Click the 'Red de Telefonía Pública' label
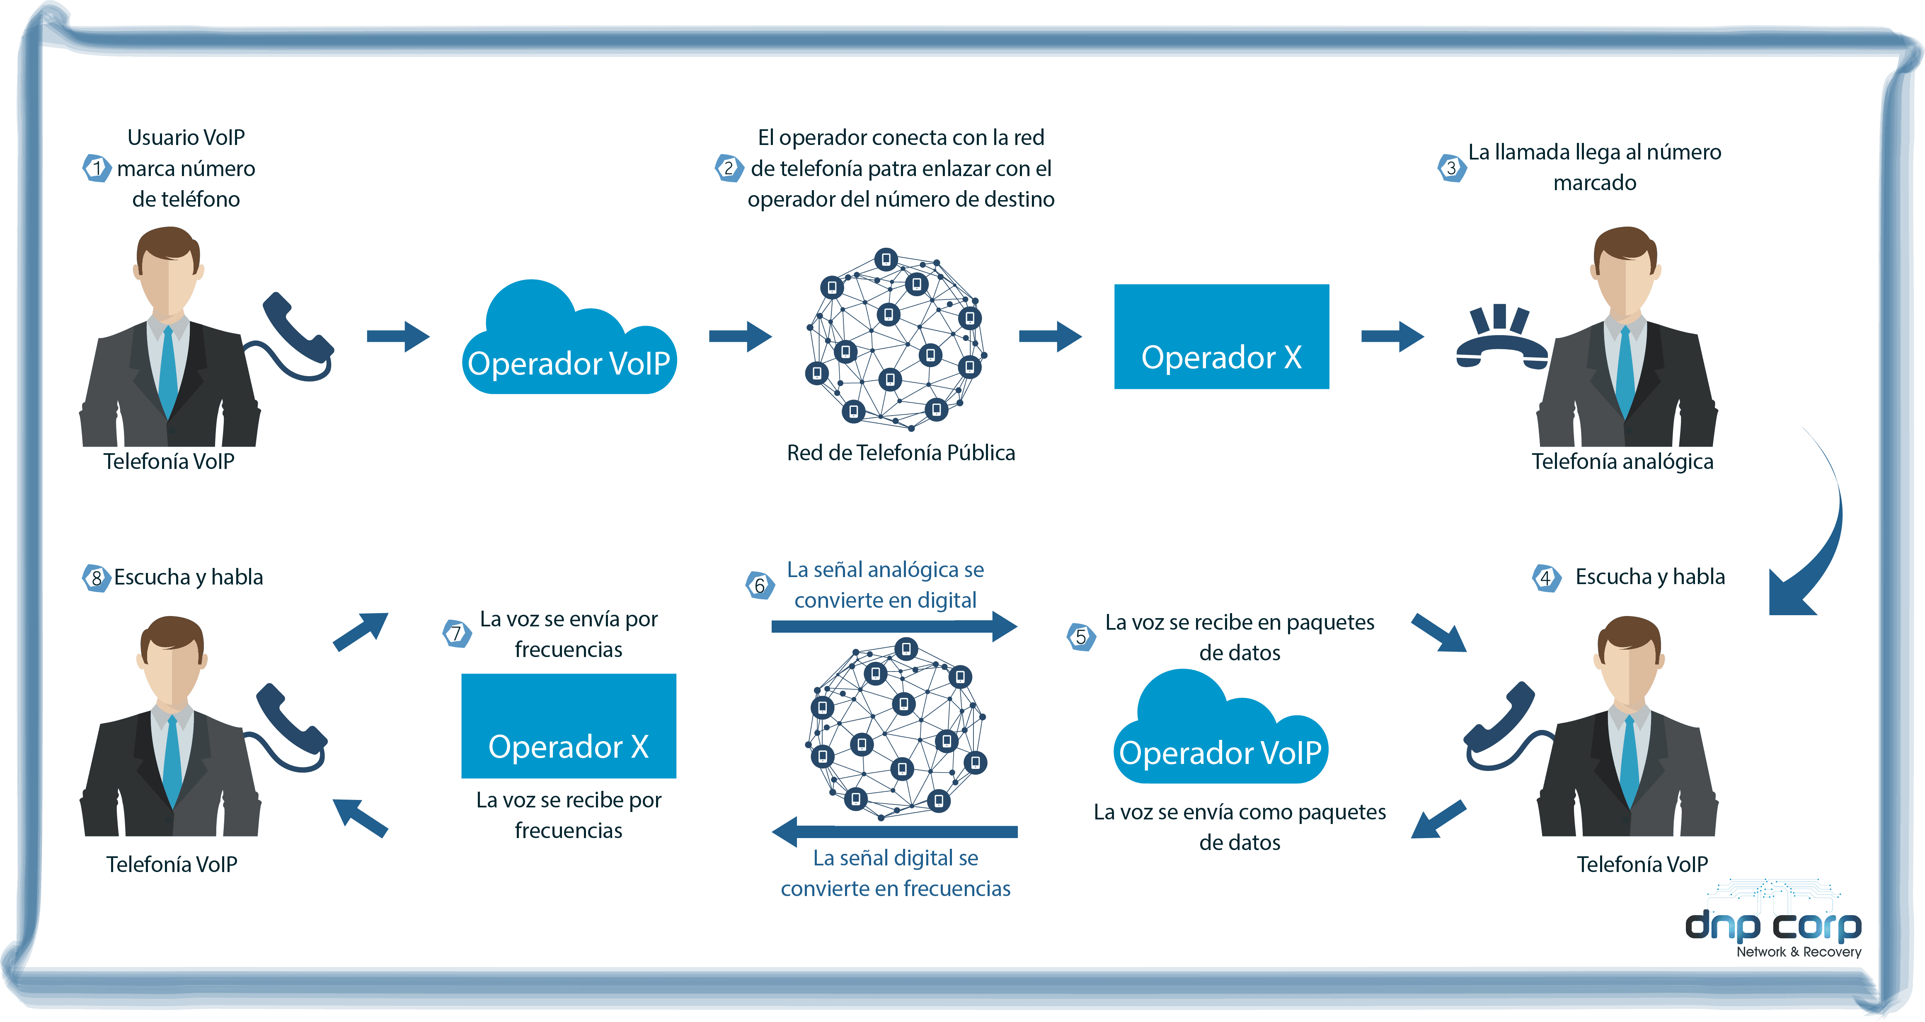tap(901, 453)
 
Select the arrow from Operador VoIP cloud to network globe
tap(740, 336)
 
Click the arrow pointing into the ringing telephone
tap(1392, 336)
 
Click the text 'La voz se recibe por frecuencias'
tap(569, 815)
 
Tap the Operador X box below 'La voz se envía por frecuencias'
tap(569, 726)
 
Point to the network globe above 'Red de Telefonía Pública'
tap(895, 340)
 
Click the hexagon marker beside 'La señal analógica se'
tap(760, 584)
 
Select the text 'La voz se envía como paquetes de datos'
tap(1240, 827)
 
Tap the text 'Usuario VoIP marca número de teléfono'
tap(186, 168)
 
